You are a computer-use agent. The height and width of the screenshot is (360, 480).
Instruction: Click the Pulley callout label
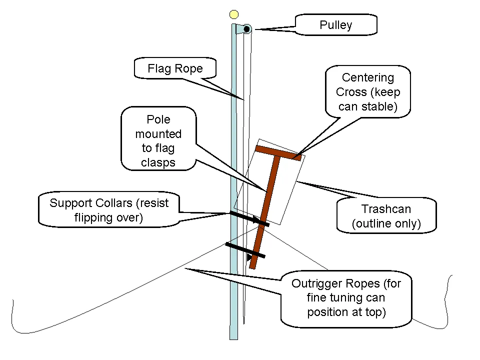pyautogui.click(x=336, y=25)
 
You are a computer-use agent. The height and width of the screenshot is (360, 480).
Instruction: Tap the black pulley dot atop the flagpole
pyautogui.click(x=246, y=29)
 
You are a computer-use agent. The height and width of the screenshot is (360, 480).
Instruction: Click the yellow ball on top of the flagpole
pyautogui.click(x=233, y=14)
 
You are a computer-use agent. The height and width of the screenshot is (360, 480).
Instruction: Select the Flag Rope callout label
pyautogui.click(x=175, y=68)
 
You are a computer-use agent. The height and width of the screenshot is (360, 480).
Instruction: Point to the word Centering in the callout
pyautogui.click(x=368, y=77)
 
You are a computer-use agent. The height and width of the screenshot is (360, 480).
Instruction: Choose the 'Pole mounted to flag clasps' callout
pyautogui.click(x=158, y=141)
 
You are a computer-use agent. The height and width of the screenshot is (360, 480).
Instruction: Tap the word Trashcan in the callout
pyautogui.click(x=386, y=209)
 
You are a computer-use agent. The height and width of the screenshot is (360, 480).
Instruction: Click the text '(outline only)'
pyautogui.click(x=386, y=223)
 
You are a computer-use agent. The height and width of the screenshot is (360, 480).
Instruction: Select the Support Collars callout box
pyautogui.click(x=109, y=210)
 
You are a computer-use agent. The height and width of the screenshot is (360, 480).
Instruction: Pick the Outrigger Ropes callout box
pyautogui.click(x=346, y=297)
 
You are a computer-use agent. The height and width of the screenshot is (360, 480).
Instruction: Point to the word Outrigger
pyautogui.click(x=315, y=283)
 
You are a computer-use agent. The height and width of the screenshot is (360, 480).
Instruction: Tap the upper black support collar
pyautogui.click(x=248, y=218)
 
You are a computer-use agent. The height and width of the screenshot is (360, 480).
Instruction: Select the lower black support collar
pyautogui.click(x=244, y=250)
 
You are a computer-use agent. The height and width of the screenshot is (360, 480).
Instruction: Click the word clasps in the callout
pyautogui.click(x=158, y=162)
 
